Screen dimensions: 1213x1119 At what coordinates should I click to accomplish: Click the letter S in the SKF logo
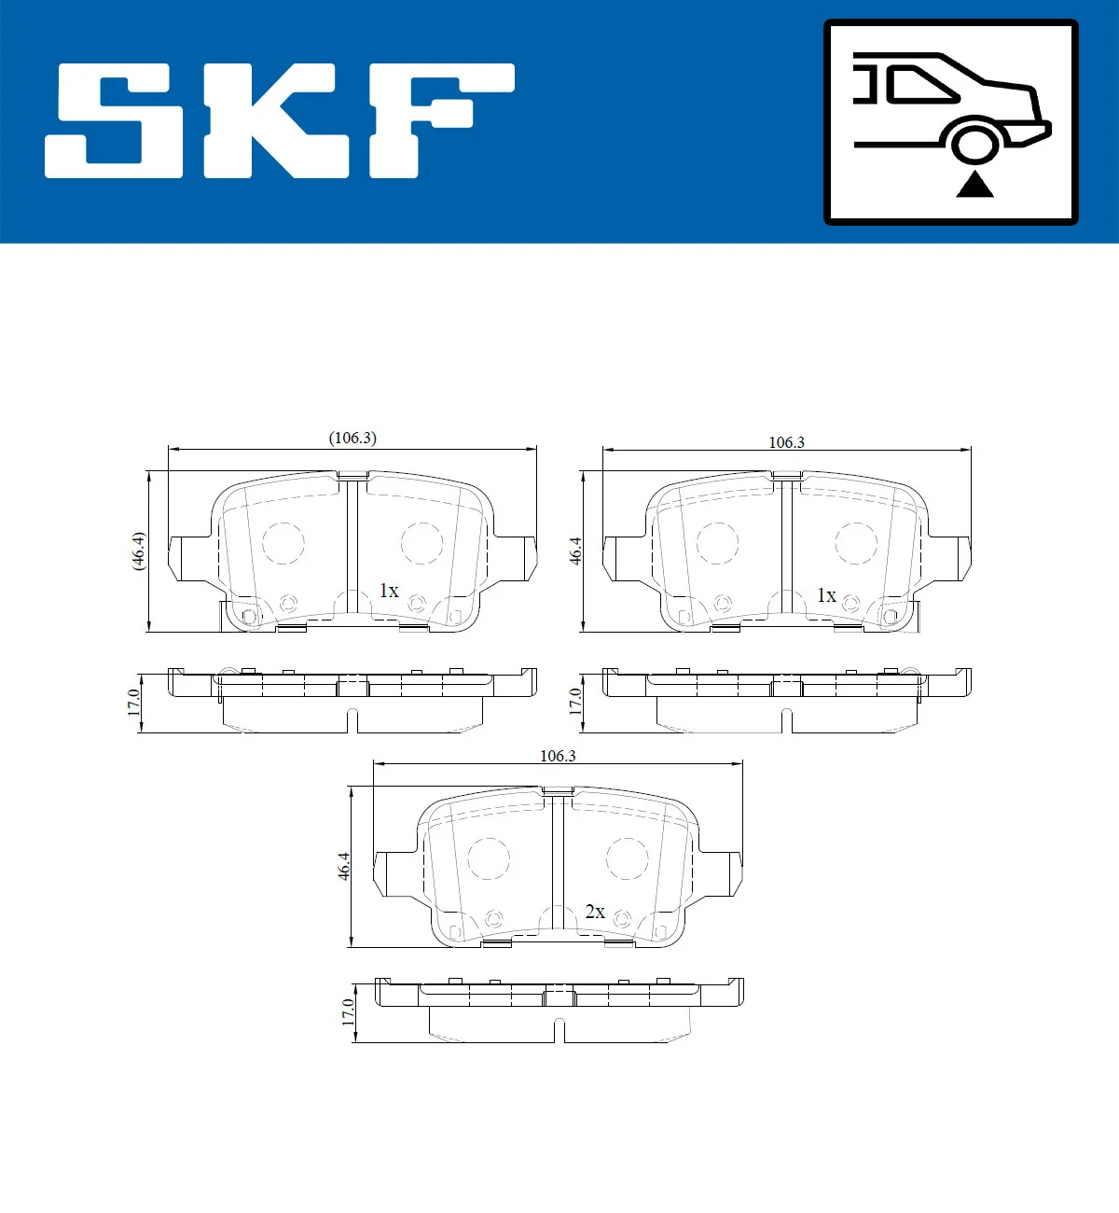coord(115,121)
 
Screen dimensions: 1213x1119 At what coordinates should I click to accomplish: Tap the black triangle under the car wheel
coord(974,184)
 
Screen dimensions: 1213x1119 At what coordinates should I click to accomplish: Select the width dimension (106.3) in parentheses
coord(352,438)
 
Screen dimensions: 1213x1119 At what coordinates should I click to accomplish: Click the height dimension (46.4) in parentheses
coord(138,551)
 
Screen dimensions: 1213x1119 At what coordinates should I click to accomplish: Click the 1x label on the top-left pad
coord(389,591)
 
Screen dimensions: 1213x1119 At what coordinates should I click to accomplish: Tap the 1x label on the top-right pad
coord(826,595)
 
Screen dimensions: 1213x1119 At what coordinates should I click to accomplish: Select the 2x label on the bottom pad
coord(595,912)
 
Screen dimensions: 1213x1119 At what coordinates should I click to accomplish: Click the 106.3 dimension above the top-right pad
coord(786,442)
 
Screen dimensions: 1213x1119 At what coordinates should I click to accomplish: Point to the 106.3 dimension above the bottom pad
coord(558,756)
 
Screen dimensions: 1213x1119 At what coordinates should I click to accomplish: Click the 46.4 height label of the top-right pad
coord(575,551)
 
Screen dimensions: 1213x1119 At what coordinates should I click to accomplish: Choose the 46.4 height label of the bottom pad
coord(344,866)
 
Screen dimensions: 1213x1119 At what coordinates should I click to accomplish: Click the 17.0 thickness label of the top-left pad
coord(134,702)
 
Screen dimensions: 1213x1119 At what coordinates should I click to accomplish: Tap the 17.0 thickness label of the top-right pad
coord(575,702)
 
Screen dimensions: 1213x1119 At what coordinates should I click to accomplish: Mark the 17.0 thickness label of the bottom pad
coord(349,1012)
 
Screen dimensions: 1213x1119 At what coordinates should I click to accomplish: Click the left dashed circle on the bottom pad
coord(489,857)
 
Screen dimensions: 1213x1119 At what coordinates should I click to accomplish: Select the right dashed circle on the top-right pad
coord(855,543)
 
